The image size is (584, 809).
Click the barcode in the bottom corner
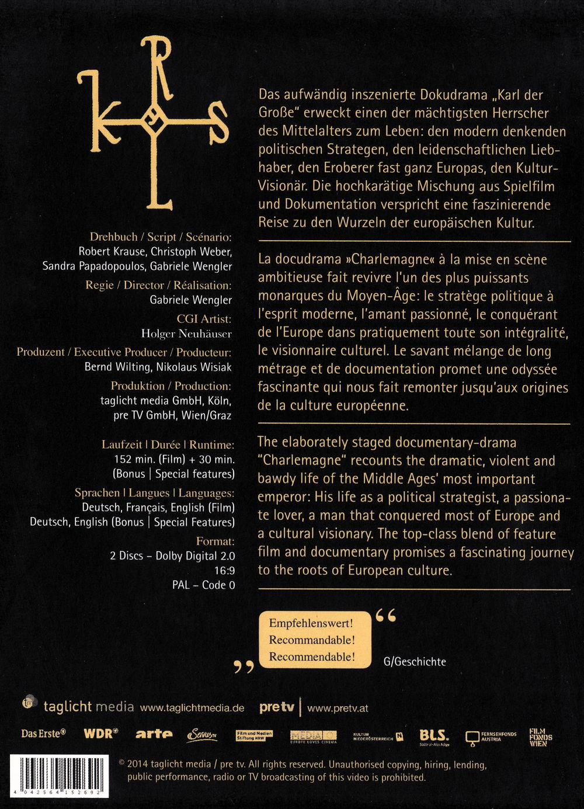coord(60,776)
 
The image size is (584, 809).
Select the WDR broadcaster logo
coord(101,733)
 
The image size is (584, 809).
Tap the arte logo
coord(154,734)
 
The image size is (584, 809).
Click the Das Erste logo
coord(44,733)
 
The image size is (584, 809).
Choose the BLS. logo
coord(434,737)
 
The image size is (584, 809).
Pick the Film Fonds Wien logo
coord(540,737)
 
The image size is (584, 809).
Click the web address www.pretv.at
coord(338,708)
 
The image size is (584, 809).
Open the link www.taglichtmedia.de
coord(192,708)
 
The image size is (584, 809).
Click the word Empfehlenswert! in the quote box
coord(311,623)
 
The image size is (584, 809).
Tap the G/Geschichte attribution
coord(415,662)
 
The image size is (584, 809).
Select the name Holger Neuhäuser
coord(186,334)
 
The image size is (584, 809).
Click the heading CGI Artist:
coord(204,319)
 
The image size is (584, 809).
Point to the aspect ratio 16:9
coord(225,570)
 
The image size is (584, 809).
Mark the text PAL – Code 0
coord(203,585)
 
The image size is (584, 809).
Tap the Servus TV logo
coord(202,735)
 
